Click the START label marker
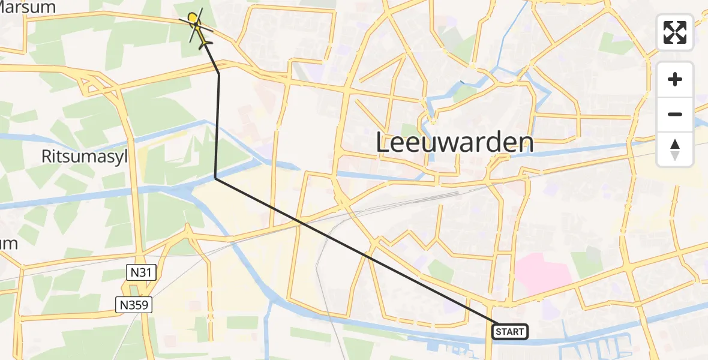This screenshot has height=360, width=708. (x=511, y=331)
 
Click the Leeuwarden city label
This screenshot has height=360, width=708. (x=455, y=143)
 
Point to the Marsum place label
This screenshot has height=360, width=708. (x=28, y=7)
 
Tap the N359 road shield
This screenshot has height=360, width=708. (x=134, y=305)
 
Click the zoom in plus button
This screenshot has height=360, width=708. (x=675, y=79)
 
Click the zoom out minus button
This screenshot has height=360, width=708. (x=675, y=114)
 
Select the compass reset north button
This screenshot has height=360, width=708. (x=675, y=149)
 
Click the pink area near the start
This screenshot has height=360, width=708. (x=542, y=274)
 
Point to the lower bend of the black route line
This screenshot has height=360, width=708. (x=215, y=178)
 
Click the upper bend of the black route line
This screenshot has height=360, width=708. (x=218, y=73)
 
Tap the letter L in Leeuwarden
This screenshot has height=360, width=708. (x=382, y=143)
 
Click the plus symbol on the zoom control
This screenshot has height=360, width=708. (x=675, y=79)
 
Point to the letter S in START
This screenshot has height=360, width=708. (x=499, y=332)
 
